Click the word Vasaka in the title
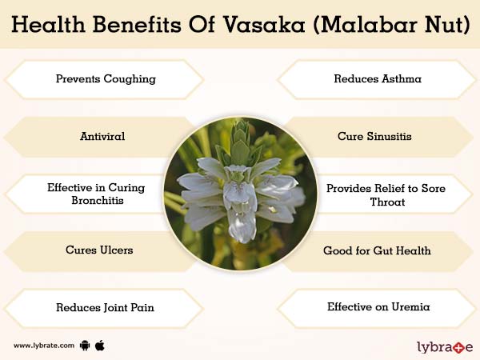[263, 25]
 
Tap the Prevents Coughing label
[106, 79]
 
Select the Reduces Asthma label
[378, 78]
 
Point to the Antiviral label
[102, 136]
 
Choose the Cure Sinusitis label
[374, 136]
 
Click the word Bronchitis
[98, 200]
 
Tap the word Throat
[387, 202]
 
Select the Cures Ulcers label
[99, 250]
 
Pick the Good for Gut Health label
[377, 250]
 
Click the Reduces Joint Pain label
[105, 307]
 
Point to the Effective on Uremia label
[378, 306]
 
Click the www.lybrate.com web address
[44, 346]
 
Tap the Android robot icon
[85, 346]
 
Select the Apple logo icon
[100, 345]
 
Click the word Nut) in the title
[448, 25]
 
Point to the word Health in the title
[48, 24]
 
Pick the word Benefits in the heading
[137, 24]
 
